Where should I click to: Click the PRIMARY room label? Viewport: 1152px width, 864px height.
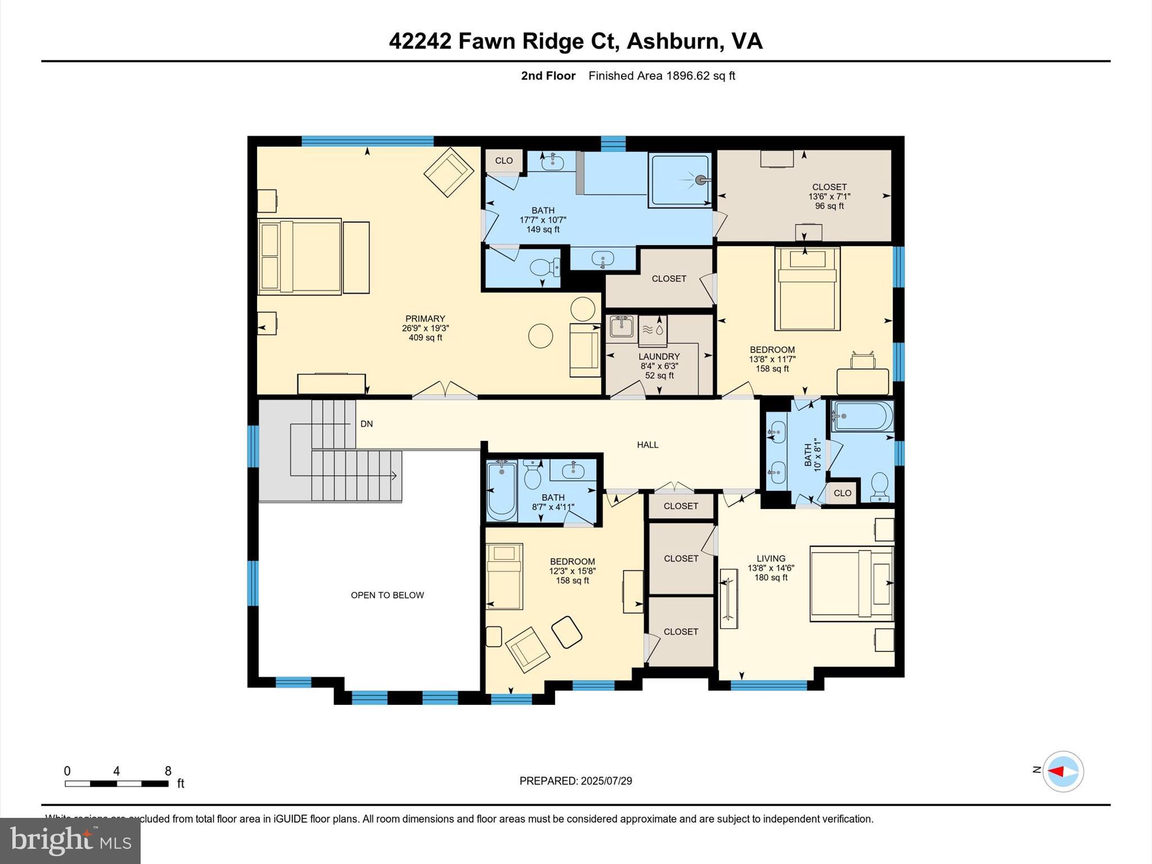[425, 319]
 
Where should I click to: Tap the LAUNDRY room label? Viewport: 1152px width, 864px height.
[659, 357]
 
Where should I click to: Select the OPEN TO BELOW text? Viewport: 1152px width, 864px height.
[387, 595]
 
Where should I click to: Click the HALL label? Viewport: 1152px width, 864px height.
[647, 445]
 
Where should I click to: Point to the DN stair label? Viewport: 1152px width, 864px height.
[367, 424]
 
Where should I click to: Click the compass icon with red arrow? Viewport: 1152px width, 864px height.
[1063, 771]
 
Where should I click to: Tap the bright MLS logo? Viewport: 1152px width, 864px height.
[70, 841]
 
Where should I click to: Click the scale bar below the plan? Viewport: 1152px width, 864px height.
[116, 784]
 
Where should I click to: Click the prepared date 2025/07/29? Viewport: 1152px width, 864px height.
[606, 781]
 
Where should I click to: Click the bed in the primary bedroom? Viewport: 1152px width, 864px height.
[300, 256]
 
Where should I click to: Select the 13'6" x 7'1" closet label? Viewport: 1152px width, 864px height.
[829, 196]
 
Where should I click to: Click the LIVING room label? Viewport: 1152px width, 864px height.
[771, 559]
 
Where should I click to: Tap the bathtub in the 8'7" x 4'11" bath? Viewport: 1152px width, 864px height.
[501, 490]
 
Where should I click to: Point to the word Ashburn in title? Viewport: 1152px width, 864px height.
[673, 41]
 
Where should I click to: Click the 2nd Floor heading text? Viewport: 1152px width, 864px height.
[548, 76]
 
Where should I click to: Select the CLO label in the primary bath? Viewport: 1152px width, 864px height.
[503, 161]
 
